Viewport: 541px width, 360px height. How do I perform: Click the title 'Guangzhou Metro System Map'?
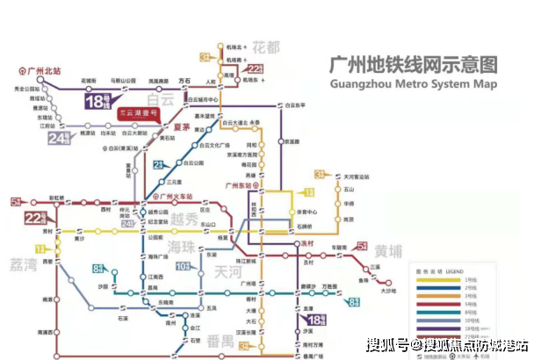pyautogui.click(x=412, y=85)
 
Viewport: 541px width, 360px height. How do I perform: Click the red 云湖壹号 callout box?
pyautogui.click(x=141, y=115)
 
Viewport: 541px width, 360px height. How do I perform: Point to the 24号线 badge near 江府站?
pyautogui.click(x=59, y=138)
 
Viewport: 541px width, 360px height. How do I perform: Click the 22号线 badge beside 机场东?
pyautogui.click(x=256, y=69)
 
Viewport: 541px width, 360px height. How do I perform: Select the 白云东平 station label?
pyautogui.click(x=299, y=105)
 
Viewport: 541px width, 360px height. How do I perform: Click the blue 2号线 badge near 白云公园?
pyautogui.click(x=159, y=165)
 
